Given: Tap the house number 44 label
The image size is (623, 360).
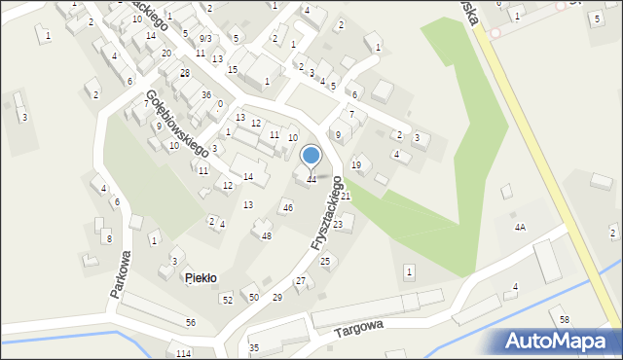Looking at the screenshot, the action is click(x=311, y=179).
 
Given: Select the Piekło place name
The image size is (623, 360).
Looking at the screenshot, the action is click(x=201, y=278).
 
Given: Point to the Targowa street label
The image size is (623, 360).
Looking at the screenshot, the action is click(x=359, y=329).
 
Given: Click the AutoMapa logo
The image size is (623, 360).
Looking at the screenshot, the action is click(x=557, y=341).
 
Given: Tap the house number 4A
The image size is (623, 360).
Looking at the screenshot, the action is click(x=520, y=227).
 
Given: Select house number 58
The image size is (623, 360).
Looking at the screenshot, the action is click(x=565, y=320).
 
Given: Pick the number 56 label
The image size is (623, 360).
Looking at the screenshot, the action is click(x=191, y=322).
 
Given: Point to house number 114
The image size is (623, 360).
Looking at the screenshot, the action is click(x=183, y=352).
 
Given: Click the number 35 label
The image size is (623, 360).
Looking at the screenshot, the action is click(x=254, y=347).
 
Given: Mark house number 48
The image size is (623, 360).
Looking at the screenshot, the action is click(x=267, y=236).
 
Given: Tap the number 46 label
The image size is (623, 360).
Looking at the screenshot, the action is click(x=287, y=208).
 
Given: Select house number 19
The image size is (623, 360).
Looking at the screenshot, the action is click(x=356, y=165).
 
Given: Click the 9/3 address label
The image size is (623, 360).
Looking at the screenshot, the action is click(x=204, y=38).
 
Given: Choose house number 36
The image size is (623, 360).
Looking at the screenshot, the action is click(x=206, y=94).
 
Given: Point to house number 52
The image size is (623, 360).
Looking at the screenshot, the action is click(x=227, y=300).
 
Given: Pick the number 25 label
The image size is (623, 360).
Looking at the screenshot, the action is click(x=325, y=261).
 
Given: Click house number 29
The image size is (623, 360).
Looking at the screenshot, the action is click(x=277, y=297).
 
